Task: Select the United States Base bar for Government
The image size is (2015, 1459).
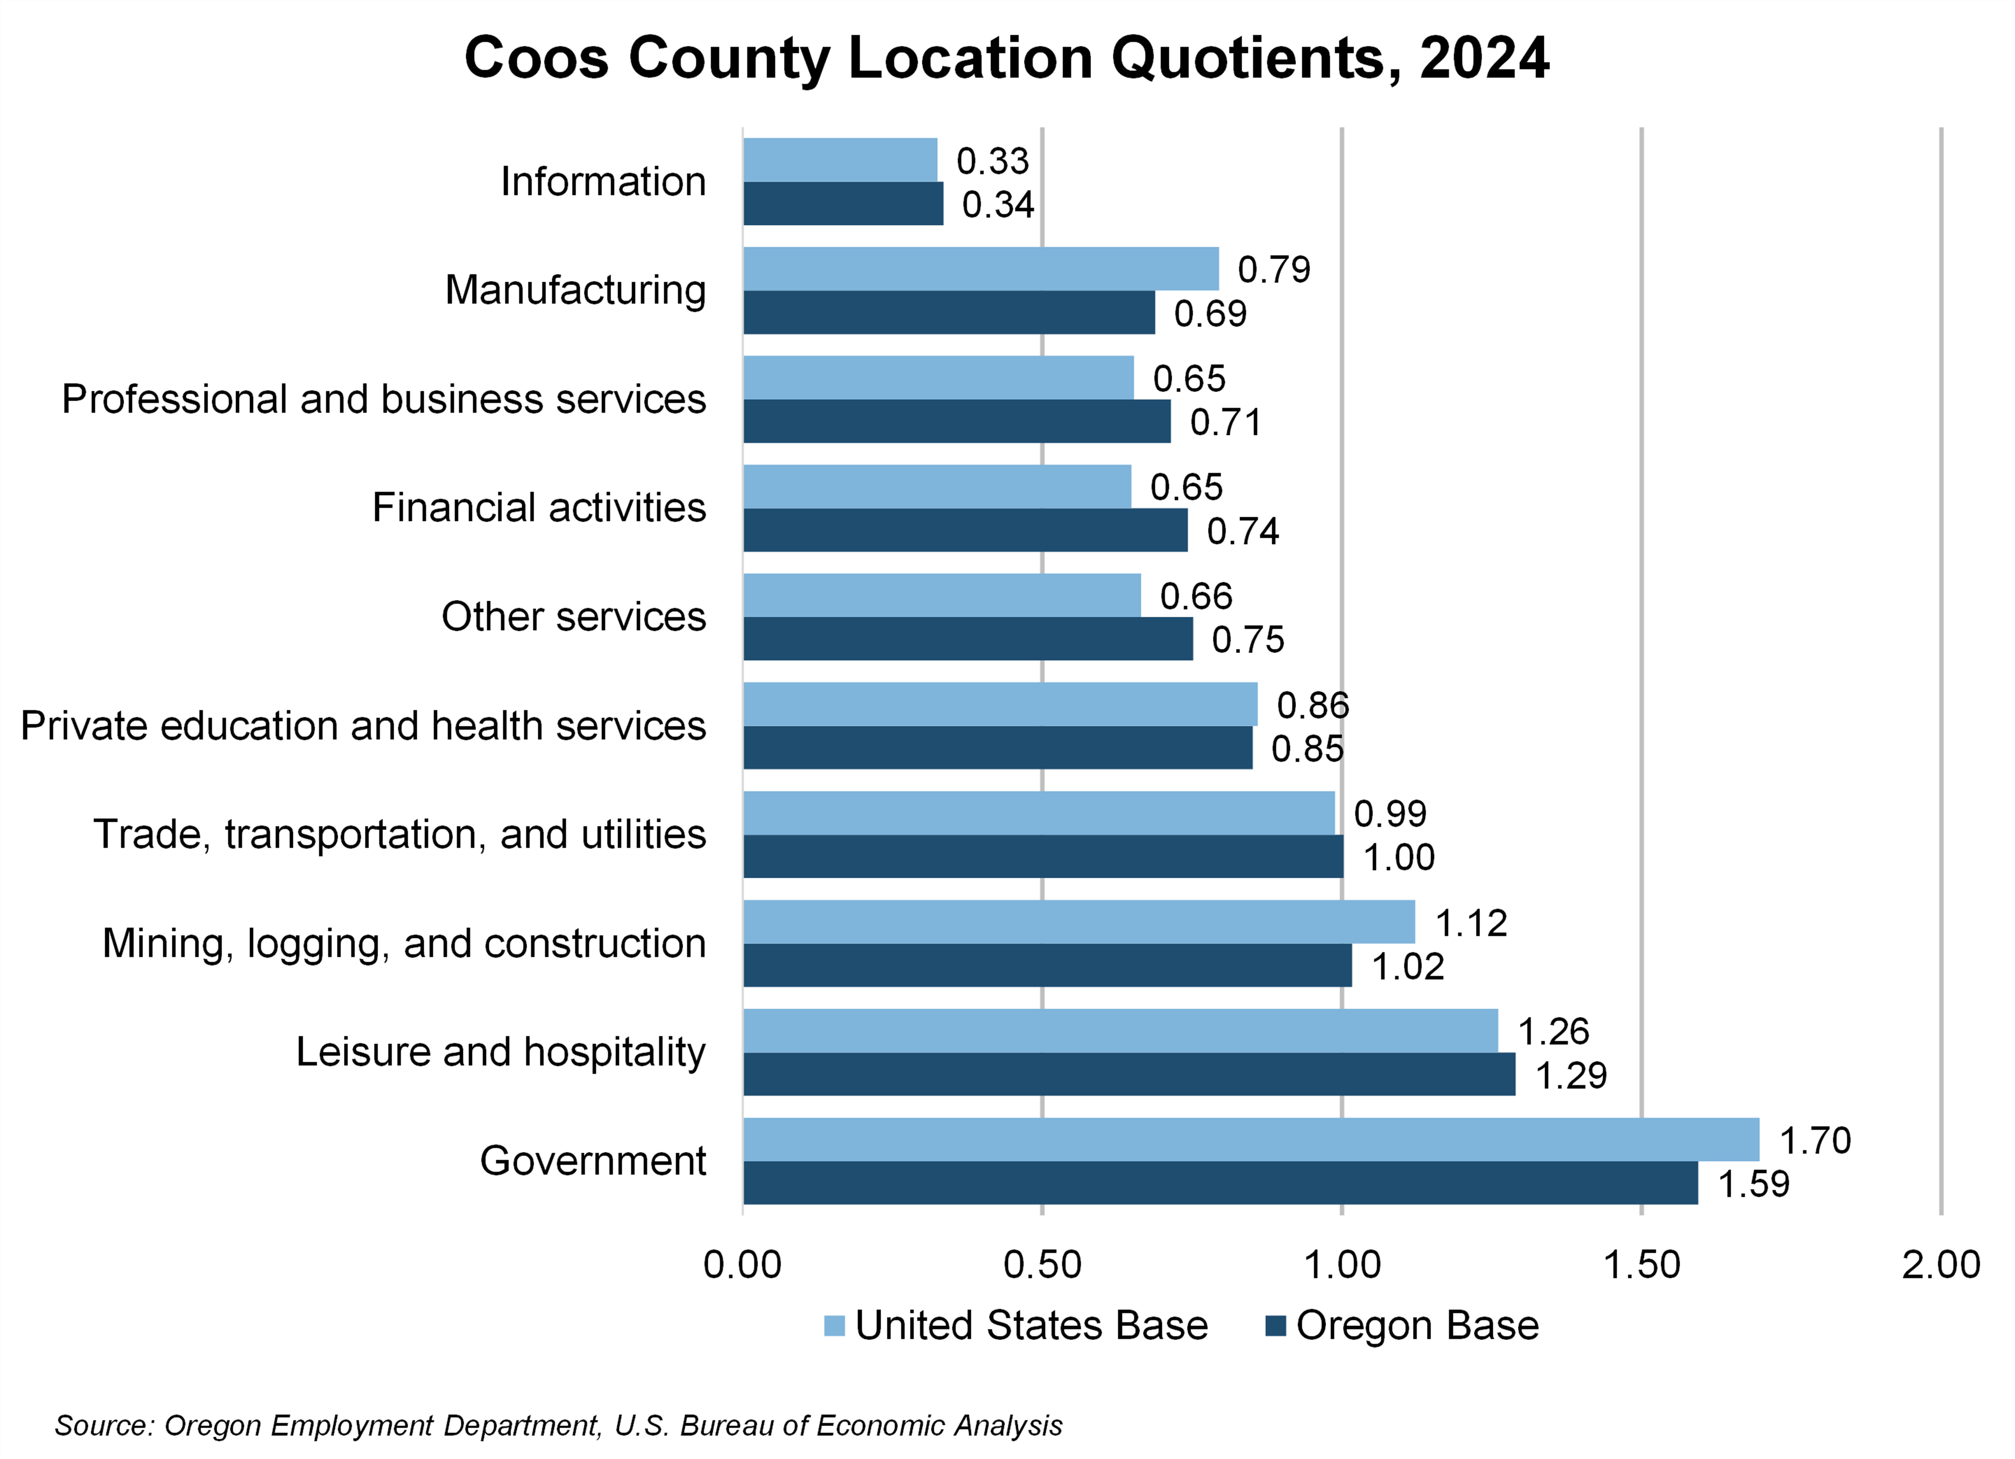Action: pyautogui.click(x=1251, y=1139)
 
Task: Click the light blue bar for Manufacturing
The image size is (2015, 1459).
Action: pyautogui.click(x=981, y=268)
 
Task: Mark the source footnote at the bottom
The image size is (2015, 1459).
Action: pyautogui.click(x=558, y=1425)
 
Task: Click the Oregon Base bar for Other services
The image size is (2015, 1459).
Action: pyautogui.click(x=967, y=639)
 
